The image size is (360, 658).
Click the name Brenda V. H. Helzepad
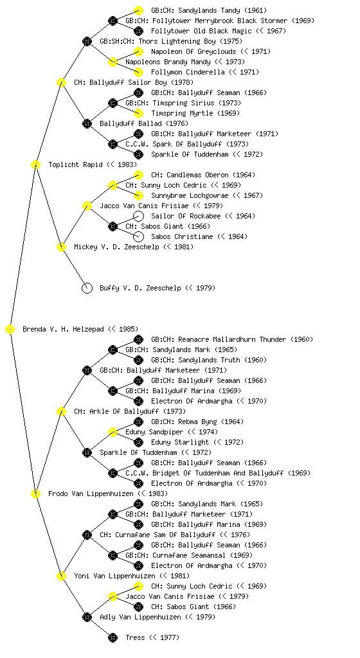tap(63, 329)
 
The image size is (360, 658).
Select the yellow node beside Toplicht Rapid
tap(35, 164)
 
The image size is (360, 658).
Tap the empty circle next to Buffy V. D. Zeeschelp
tap(87, 288)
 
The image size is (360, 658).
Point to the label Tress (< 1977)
tap(152, 637)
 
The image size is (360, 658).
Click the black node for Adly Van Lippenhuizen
tap(87, 617)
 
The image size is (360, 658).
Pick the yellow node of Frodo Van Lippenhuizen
tap(35, 493)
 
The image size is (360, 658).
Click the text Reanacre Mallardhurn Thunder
tap(232, 339)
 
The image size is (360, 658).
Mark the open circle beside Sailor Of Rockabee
tap(138, 216)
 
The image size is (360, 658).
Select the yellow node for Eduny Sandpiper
tap(113, 432)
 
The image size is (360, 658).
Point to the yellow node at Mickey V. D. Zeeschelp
tap(61, 247)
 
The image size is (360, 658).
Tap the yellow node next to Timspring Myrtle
tap(138, 113)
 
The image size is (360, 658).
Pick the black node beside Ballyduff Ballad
tap(87, 123)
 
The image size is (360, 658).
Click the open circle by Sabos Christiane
tap(138, 236)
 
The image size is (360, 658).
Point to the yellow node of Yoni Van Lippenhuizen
tap(61, 576)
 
